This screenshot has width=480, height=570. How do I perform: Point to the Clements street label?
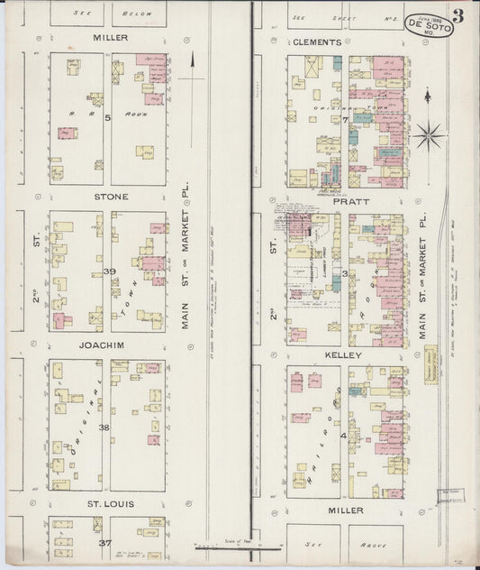[317, 42]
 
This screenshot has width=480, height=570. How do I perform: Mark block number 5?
[106, 117]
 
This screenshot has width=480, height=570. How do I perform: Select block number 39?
[109, 271]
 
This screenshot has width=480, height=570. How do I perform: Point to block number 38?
[104, 427]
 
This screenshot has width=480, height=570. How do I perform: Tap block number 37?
[104, 543]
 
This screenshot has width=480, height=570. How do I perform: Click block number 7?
[344, 119]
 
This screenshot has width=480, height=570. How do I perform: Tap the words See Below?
[133, 14]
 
